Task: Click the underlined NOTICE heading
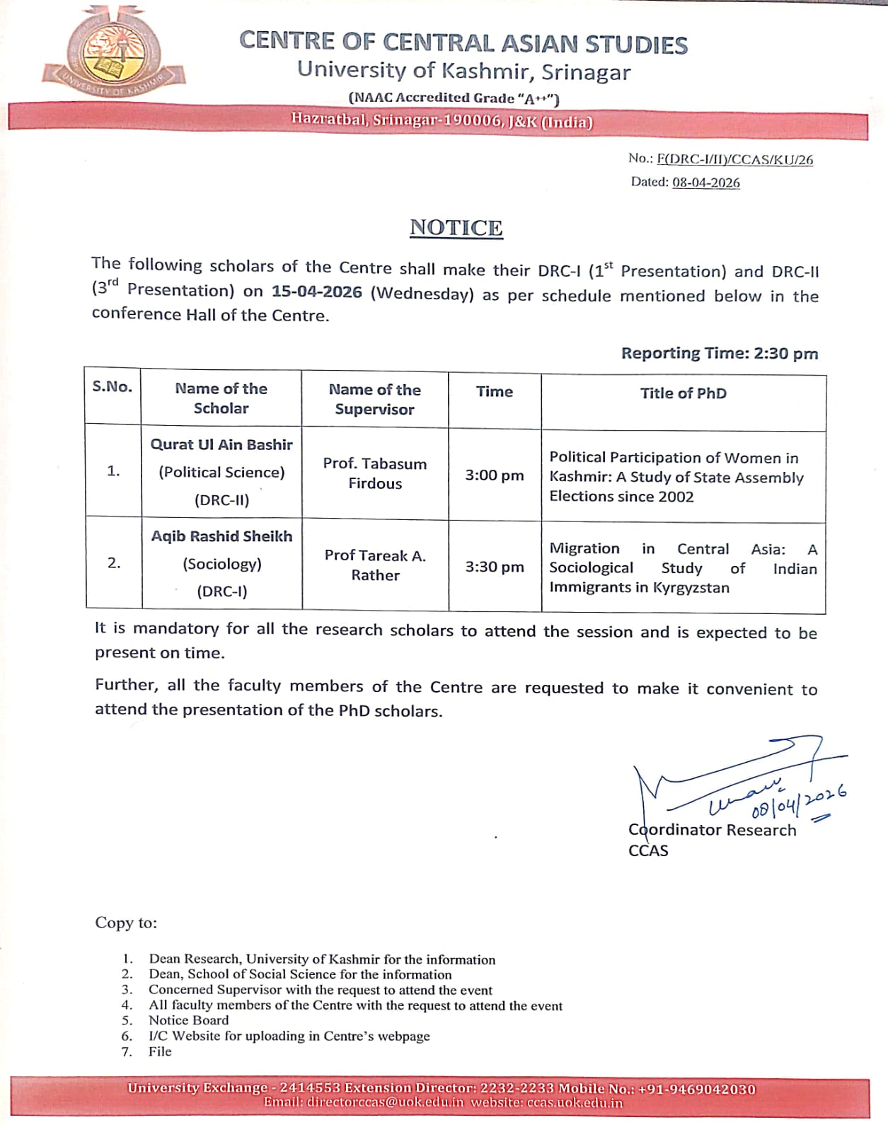pos(456,228)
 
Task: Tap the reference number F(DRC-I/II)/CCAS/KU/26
pos(734,159)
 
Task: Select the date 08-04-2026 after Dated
pos(705,183)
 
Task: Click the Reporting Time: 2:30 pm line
pos(719,353)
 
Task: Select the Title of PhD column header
pos(683,393)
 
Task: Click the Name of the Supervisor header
pos(374,399)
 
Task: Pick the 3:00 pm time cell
pos(494,475)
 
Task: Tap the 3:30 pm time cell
pos(494,567)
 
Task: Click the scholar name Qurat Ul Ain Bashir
pos(221,444)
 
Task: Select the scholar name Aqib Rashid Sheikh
pos(221,536)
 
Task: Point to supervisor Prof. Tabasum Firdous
pos(374,473)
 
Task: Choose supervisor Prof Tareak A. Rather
pos(374,565)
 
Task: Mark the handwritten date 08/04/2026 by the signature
pos(799,802)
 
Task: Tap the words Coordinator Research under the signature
pos(712,830)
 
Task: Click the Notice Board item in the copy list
pos(188,1020)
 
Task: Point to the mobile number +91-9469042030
pos(696,1089)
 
